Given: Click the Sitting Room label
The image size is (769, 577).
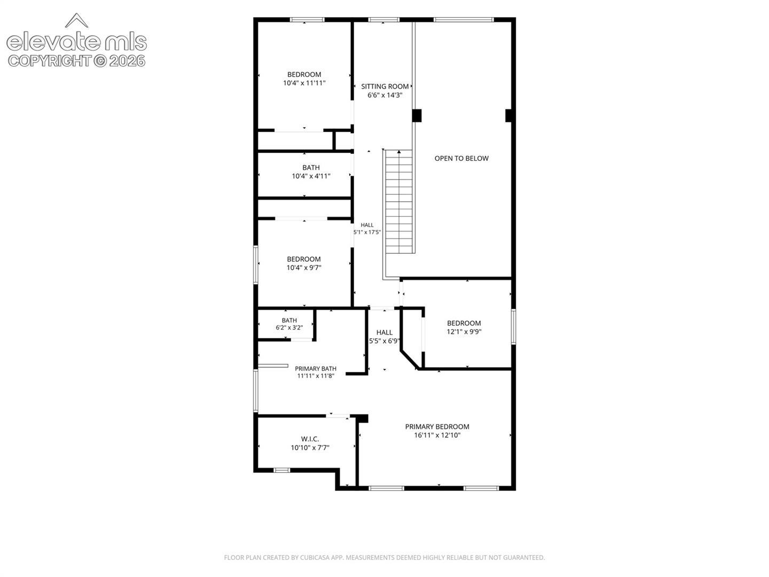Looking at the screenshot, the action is [384, 87].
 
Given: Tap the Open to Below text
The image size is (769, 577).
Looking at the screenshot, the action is [461, 158].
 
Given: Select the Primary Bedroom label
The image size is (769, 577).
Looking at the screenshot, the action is [437, 427].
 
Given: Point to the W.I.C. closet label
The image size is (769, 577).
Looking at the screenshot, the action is [310, 439].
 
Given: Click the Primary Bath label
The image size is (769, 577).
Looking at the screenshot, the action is [315, 369].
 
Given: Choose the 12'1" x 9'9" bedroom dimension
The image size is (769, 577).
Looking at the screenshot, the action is [464, 332].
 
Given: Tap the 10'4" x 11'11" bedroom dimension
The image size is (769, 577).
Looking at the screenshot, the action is [304, 83].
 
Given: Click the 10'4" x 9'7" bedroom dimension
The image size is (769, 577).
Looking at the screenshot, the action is [304, 268].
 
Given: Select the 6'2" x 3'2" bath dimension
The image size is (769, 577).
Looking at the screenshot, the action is [289, 328].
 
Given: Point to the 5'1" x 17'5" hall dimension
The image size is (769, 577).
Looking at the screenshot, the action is [367, 232].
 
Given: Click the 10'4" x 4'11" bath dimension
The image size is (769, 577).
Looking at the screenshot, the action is [311, 176].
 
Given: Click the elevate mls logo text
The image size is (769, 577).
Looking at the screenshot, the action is [77, 42].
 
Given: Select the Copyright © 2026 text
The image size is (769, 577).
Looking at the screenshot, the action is [77, 61].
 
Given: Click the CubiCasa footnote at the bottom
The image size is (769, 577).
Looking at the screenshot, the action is [384, 557].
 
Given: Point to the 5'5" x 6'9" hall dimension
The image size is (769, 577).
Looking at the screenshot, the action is [384, 341].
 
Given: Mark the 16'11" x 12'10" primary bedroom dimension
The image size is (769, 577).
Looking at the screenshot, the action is [437, 435].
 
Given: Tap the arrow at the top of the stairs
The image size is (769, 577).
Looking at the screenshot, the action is [399, 152].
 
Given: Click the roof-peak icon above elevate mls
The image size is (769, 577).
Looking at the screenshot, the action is [76, 20].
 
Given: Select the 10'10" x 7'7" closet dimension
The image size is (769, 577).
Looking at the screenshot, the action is [310, 448].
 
